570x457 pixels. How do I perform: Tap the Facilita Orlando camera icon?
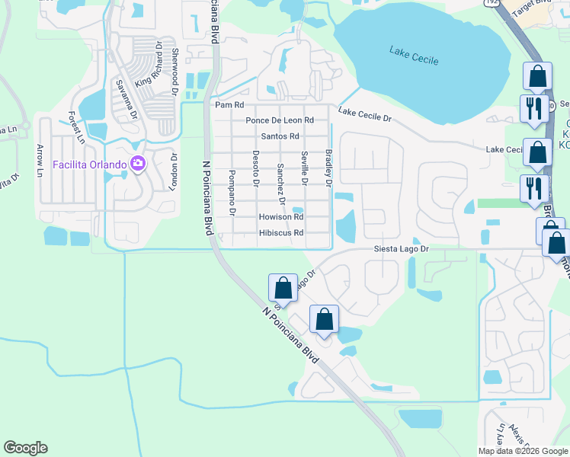tap(138, 163)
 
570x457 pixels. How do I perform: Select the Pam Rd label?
tap(229, 105)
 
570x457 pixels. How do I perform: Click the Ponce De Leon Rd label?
tap(280, 120)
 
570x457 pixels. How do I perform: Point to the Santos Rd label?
tap(280, 136)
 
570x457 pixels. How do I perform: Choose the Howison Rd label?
tap(281, 217)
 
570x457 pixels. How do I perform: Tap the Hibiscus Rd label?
tap(281, 233)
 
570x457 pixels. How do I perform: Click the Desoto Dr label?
tap(256, 168)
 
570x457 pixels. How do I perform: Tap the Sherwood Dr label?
tap(175, 69)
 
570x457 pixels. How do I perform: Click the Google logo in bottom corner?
tap(25, 448)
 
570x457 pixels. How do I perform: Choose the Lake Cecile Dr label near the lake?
tap(364, 115)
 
